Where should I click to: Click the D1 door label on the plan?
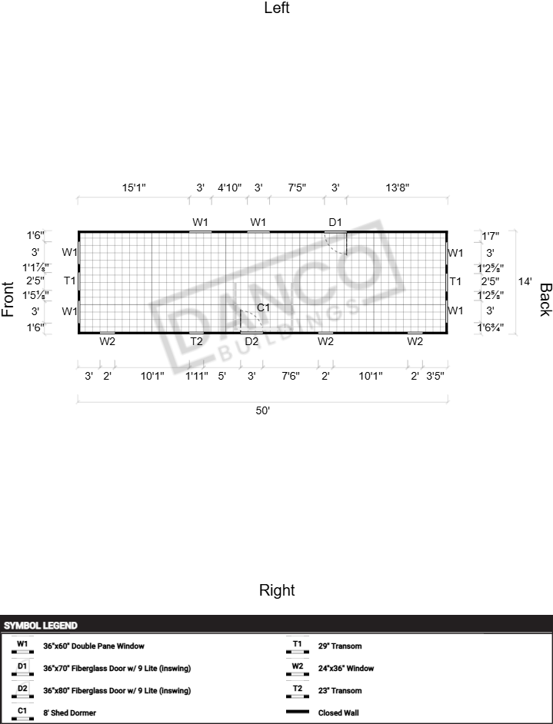[x=335, y=222]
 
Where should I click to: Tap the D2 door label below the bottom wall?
[x=252, y=341]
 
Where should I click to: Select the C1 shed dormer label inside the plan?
[x=263, y=307]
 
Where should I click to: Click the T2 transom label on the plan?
[x=196, y=341]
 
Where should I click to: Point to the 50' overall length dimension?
[x=263, y=410]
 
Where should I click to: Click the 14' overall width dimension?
[x=525, y=281]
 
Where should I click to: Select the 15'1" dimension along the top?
[x=134, y=188]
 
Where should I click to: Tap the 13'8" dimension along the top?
[x=398, y=188]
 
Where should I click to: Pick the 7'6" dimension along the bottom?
[x=291, y=376]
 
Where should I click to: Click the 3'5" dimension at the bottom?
[x=435, y=376]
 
